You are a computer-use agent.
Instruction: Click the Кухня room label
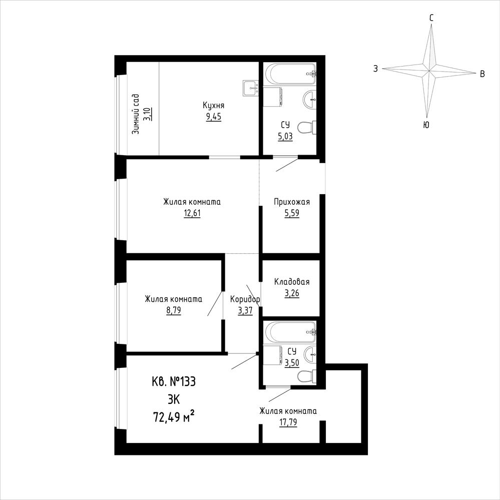(x=213, y=105)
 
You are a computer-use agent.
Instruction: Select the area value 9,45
(x=213, y=117)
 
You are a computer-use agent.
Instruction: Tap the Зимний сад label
(x=136, y=114)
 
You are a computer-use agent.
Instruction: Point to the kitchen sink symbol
(x=251, y=88)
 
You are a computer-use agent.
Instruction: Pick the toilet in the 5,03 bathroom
(x=307, y=128)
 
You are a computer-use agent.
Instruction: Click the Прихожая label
(x=292, y=202)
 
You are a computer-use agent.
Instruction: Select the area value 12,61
(x=192, y=213)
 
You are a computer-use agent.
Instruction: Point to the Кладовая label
(x=292, y=282)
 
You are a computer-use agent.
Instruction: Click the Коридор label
(x=245, y=299)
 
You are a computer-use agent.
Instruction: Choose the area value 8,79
(x=174, y=310)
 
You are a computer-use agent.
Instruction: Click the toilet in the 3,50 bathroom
(x=307, y=376)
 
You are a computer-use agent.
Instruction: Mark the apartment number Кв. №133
(x=174, y=381)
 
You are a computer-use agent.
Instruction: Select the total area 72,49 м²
(x=174, y=416)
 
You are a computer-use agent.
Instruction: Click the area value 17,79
(x=288, y=422)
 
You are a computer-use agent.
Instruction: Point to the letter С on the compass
(x=431, y=18)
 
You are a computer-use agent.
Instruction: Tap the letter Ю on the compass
(x=426, y=125)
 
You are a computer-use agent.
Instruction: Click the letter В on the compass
(x=482, y=74)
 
